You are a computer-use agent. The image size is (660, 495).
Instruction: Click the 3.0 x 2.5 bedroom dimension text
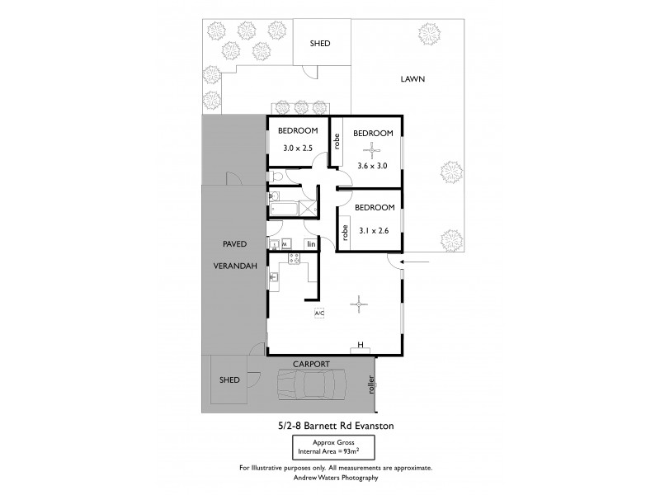tap(297, 148)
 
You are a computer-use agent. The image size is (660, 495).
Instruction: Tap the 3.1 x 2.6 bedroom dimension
tap(375, 230)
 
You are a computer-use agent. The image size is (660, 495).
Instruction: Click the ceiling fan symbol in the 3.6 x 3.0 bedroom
tap(371, 149)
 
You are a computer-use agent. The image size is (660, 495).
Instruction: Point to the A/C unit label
tap(319, 313)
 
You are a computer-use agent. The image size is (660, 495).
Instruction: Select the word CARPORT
tap(311, 363)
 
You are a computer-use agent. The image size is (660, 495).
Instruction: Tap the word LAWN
tap(412, 80)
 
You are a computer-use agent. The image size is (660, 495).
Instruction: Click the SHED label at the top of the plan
tap(319, 44)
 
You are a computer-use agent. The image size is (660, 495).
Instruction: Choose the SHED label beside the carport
tap(229, 380)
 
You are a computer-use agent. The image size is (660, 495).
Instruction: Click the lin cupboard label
tap(311, 244)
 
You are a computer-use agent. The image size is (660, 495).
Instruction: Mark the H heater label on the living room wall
tap(361, 345)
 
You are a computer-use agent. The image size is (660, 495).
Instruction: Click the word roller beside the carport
tap(370, 384)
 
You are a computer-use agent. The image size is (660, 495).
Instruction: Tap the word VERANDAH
tap(235, 266)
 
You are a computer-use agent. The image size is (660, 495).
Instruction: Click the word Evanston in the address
tap(379, 425)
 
